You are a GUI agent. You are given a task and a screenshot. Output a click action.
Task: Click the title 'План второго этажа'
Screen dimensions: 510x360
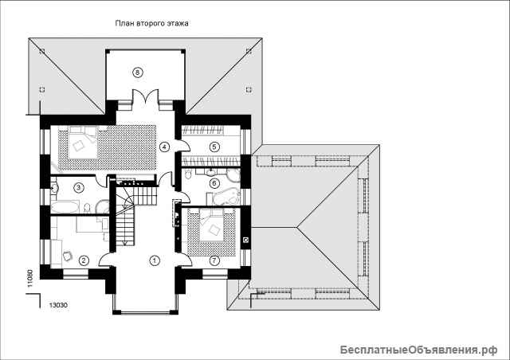tap(152, 23)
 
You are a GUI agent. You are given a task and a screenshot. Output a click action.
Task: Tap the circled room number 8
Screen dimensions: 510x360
tap(138, 72)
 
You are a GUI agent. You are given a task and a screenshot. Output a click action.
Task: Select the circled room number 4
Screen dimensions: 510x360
tap(165, 147)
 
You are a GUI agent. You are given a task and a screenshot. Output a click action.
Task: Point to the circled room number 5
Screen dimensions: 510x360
tap(214, 147)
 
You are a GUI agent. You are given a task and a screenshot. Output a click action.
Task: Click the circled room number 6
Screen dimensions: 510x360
tap(214, 183)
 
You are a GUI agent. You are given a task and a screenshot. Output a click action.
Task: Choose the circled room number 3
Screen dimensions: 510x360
tap(78, 187)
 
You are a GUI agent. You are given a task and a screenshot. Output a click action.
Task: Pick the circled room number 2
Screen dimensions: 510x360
tap(84, 260)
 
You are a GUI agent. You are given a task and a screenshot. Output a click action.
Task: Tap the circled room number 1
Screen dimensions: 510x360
tap(155, 260)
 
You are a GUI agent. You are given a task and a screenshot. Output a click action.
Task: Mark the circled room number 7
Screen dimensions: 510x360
tap(214, 260)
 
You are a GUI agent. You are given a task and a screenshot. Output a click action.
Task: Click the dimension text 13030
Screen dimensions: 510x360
tap(58, 305)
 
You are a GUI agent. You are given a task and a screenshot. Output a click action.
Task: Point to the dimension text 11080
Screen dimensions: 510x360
tap(30, 279)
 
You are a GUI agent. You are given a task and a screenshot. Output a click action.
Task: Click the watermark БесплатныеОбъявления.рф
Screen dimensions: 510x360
tap(419, 350)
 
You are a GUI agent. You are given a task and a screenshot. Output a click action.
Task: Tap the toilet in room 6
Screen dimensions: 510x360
tap(188, 174)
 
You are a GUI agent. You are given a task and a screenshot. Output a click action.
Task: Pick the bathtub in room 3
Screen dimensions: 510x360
tap(65, 208)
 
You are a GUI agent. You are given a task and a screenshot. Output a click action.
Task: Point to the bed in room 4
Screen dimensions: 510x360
tap(83, 143)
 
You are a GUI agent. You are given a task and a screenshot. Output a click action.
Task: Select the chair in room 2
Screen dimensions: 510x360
tap(68, 256)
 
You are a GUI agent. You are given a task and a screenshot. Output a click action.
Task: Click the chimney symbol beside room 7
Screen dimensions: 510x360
tap(246, 240)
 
